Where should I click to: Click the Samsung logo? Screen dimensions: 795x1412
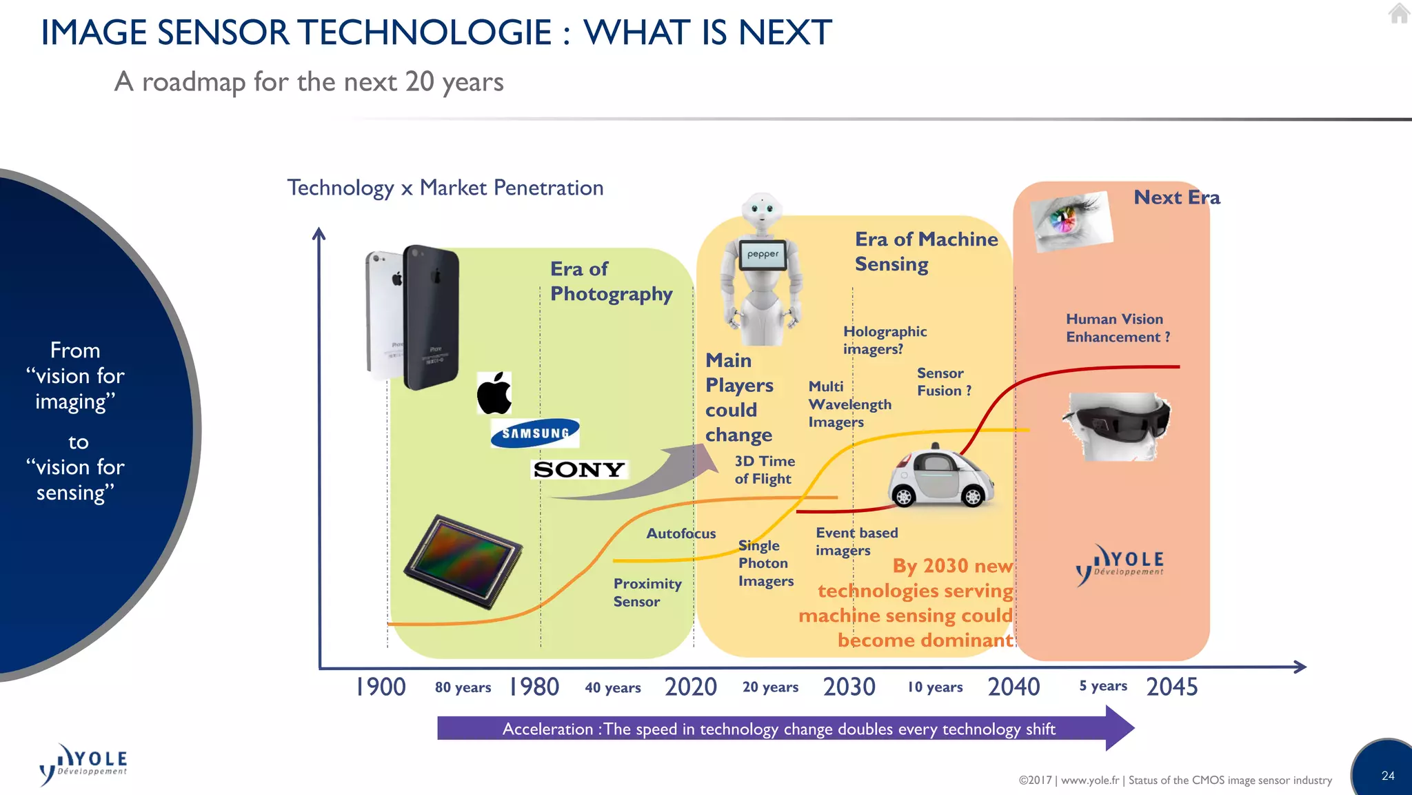(535, 433)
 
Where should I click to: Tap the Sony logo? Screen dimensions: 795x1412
(579, 470)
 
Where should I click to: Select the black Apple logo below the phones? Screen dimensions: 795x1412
(494, 393)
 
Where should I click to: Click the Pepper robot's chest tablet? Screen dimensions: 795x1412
(763, 254)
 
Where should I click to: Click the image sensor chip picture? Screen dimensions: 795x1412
(463, 560)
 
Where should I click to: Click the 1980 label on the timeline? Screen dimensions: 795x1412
(534, 687)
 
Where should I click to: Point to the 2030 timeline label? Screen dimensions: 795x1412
(849, 687)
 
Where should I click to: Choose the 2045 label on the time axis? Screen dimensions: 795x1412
(1171, 687)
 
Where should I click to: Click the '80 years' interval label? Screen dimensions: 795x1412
(463, 687)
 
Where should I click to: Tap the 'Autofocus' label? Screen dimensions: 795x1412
(680, 533)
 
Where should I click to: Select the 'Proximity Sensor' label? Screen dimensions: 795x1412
(647, 592)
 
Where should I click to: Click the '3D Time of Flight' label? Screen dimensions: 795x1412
(764, 470)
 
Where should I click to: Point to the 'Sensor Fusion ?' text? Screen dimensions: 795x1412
(943, 382)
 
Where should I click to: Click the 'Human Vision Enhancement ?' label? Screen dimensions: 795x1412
(1117, 328)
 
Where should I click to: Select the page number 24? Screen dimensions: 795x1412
(1388, 776)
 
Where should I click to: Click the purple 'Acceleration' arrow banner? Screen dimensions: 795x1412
(779, 729)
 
